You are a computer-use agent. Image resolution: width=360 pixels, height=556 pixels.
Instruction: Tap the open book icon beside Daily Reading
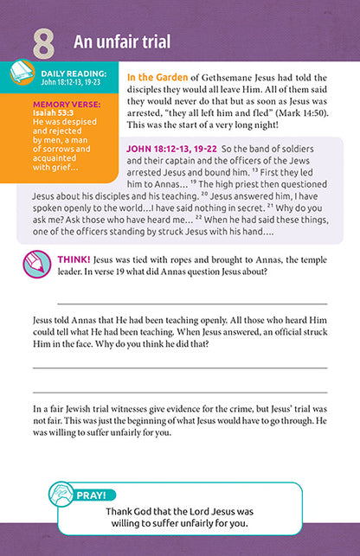pyautogui.click(x=22, y=76)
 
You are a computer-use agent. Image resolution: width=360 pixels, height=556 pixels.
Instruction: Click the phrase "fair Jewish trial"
pyautogui.click(x=95, y=406)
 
